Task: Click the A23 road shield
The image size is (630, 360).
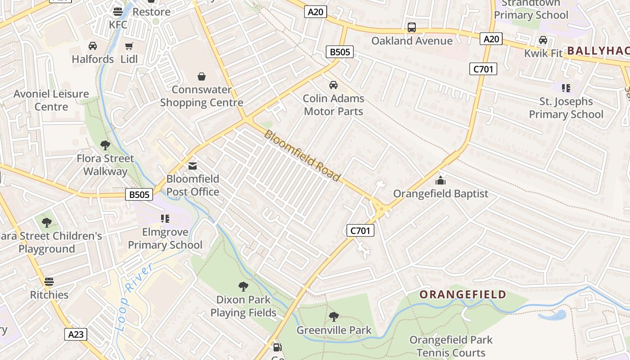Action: (76, 334)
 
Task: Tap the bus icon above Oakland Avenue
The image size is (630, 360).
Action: (412, 27)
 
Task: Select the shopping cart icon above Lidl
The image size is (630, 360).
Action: (129, 46)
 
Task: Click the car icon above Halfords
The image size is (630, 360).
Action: (93, 46)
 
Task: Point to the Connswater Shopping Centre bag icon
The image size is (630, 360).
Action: (202, 76)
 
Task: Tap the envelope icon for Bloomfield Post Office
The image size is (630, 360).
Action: (193, 166)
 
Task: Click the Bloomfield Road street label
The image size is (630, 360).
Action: (302, 156)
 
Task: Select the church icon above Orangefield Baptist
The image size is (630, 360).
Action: (440, 181)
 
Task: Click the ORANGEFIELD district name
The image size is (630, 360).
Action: (463, 295)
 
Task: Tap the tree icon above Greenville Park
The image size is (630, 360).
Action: (333, 317)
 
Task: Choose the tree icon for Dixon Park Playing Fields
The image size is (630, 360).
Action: (243, 286)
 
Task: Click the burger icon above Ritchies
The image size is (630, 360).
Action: (49, 282)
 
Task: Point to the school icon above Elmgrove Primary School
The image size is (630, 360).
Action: (165, 219)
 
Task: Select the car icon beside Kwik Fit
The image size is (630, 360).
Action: (543, 40)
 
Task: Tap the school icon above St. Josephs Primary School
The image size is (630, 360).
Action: (566, 88)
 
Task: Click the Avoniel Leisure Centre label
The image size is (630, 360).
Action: (51, 100)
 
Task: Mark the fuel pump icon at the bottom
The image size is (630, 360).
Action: (278, 347)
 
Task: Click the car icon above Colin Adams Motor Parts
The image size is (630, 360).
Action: (333, 85)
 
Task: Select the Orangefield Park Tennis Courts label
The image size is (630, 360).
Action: (451, 346)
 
